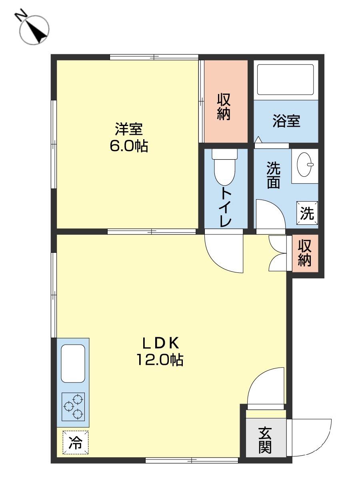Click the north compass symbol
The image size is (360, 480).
(x=34, y=29)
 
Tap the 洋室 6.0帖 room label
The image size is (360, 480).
(x=129, y=138)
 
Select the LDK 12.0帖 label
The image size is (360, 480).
(x=160, y=352)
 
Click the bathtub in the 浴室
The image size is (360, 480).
(x=285, y=80)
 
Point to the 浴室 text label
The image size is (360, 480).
(x=286, y=121)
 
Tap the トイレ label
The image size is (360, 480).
(x=225, y=207)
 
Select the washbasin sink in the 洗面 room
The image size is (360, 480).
(x=305, y=164)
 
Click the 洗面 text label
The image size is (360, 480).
(x=273, y=175)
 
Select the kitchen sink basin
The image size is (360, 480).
(x=73, y=364)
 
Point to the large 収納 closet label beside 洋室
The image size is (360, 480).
(x=224, y=107)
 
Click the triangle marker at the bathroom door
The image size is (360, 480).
(x=258, y=140)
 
